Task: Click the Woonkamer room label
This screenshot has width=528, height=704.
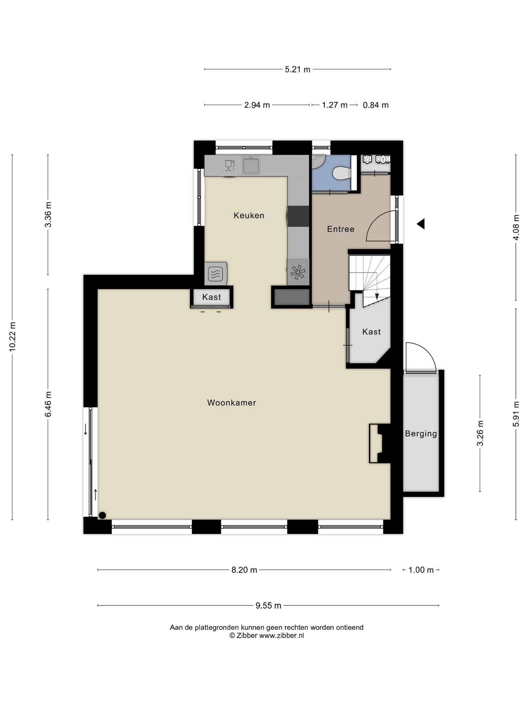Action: (231, 403)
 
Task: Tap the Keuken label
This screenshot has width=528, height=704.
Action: (249, 216)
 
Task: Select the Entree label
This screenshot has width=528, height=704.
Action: (341, 229)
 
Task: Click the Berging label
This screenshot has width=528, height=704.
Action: (421, 434)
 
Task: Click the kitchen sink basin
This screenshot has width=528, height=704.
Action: (251, 165)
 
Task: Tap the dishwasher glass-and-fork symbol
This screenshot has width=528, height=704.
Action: (230, 166)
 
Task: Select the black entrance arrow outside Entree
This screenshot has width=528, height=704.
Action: (421, 224)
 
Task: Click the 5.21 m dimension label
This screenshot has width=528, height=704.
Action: (298, 69)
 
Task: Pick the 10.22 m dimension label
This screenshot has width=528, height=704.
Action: (12, 337)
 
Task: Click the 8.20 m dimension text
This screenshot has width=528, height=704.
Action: (244, 570)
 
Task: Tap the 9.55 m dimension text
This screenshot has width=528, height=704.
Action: (268, 606)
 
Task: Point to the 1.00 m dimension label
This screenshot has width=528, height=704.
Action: (421, 570)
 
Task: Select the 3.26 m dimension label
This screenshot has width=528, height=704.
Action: (480, 433)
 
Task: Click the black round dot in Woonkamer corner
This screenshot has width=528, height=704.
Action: (102, 515)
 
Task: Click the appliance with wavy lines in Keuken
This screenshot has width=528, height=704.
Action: (216, 274)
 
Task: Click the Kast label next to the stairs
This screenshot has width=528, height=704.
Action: (372, 332)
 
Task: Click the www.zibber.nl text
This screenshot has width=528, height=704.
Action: (282, 636)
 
